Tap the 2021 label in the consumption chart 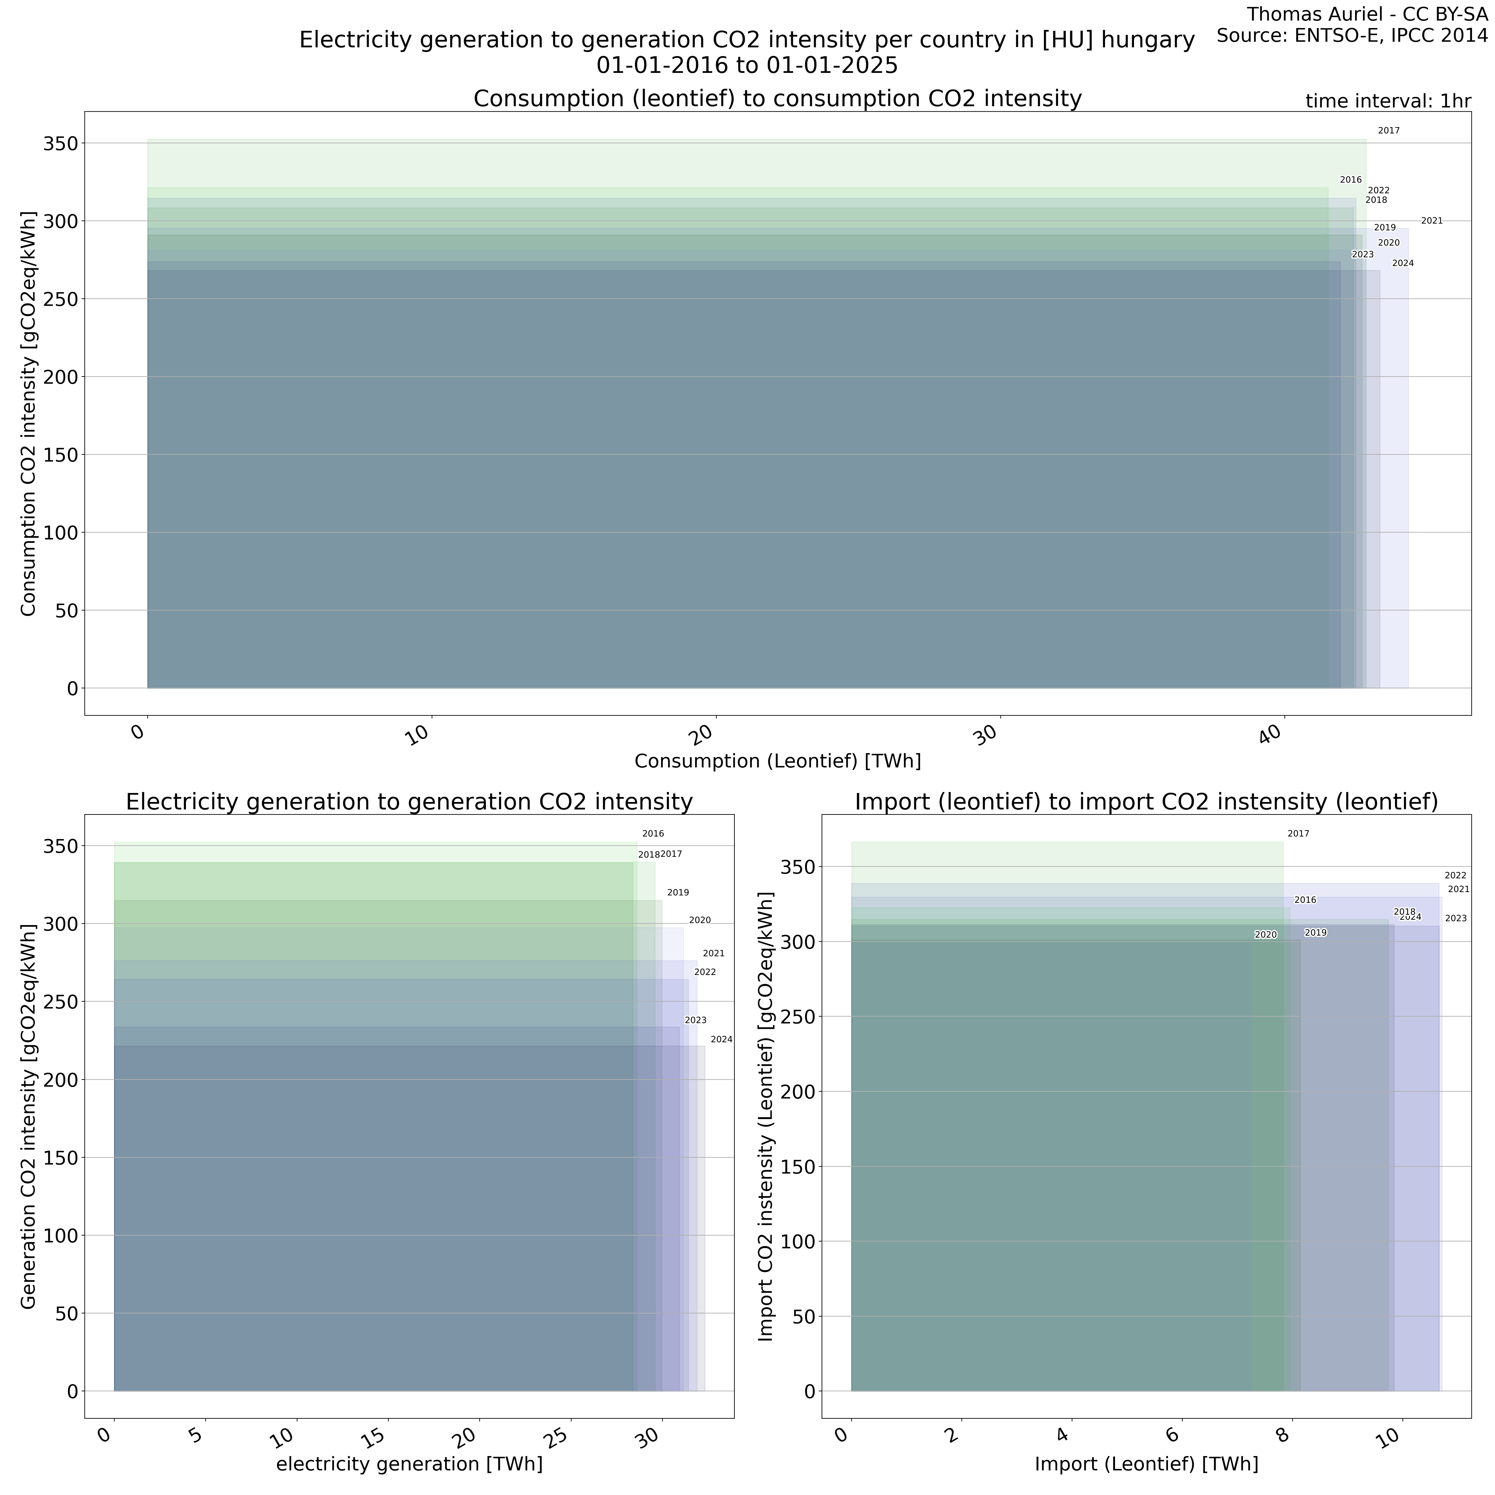pyautogui.click(x=1431, y=221)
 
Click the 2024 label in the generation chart pyautogui.click(x=721, y=1039)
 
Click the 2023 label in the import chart pyautogui.click(x=1455, y=918)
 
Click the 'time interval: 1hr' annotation pyautogui.click(x=1388, y=101)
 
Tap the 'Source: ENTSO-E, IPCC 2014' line pyautogui.click(x=1352, y=36)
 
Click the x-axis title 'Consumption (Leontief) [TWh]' pyautogui.click(x=778, y=762)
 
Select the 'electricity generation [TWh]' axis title pyautogui.click(x=409, y=1464)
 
